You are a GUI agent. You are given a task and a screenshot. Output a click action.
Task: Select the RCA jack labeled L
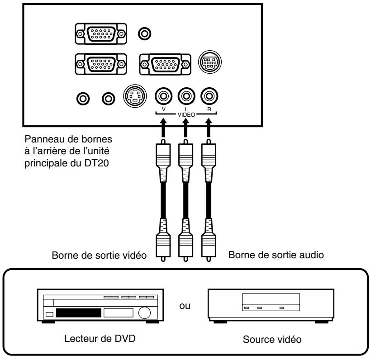pyautogui.click(x=185, y=96)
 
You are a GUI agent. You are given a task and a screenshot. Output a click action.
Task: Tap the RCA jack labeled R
pyautogui.click(x=208, y=96)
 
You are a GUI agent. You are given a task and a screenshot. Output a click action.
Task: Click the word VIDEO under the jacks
pyautogui.click(x=185, y=115)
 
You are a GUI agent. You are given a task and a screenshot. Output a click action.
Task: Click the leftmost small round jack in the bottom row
pyautogui.click(x=82, y=97)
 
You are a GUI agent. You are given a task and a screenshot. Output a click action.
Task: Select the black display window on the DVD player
pyautogui.click(x=78, y=313)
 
